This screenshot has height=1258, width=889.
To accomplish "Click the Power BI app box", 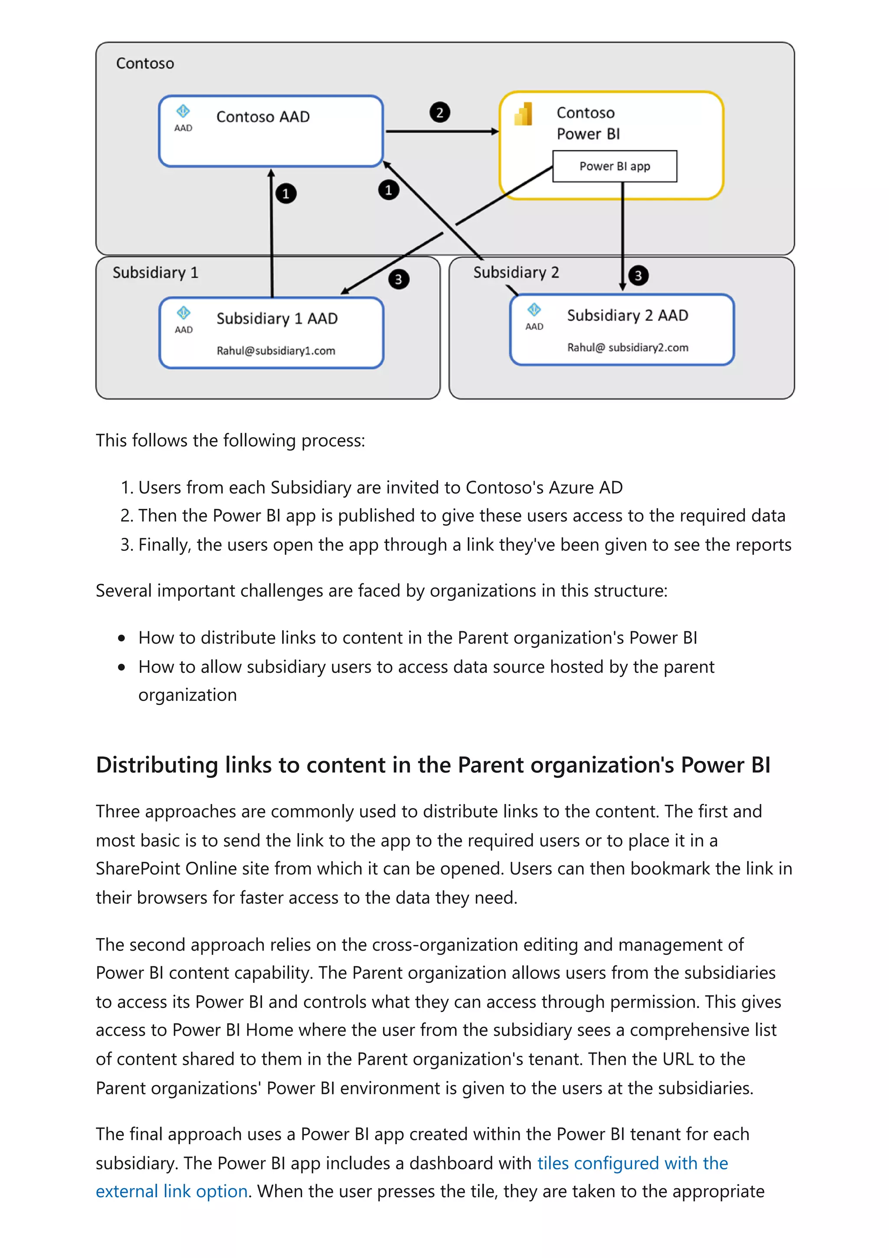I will pyautogui.click(x=615, y=166).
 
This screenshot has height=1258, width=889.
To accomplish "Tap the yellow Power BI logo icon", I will pyautogui.click(x=523, y=114).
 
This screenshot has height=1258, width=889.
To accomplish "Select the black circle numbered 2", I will pyautogui.click(x=439, y=112).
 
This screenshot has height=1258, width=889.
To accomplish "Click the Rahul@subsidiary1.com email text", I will pyautogui.click(x=276, y=351).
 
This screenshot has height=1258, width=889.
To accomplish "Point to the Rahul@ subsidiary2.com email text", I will pyautogui.click(x=628, y=347).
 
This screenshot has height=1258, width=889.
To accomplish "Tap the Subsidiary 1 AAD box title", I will pyautogui.click(x=277, y=318).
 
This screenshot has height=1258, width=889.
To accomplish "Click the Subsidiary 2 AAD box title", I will pyautogui.click(x=627, y=315).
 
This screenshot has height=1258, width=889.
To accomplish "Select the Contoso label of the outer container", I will pyautogui.click(x=145, y=63).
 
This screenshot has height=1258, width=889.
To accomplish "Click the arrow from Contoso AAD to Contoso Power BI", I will pyautogui.click(x=441, y=132).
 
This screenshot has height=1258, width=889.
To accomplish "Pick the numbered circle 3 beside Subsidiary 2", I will pyautogui.click(x=638, y=275).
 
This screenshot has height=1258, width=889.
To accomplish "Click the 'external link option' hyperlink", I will pyautogui.click(x=171, y=1191).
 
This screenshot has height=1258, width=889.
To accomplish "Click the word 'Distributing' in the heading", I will pyautogui.click(x=157, y=765).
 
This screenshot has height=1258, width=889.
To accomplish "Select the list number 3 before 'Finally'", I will pyautogui.click(x=126, y=545).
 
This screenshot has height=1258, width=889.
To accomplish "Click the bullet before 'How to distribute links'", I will pyautogui.click(x=122, y=638).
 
